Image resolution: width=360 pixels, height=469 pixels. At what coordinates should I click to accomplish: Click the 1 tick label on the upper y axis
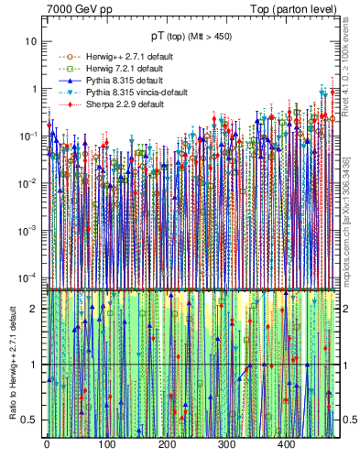(35, 90)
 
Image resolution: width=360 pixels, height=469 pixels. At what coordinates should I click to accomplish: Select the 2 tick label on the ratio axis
(35, 309)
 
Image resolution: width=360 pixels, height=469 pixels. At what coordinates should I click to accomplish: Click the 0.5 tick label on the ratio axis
(31, 420)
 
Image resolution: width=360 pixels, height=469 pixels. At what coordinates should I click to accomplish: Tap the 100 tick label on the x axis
(106, 446)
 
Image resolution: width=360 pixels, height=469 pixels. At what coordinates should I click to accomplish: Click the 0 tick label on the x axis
(47, 446)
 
